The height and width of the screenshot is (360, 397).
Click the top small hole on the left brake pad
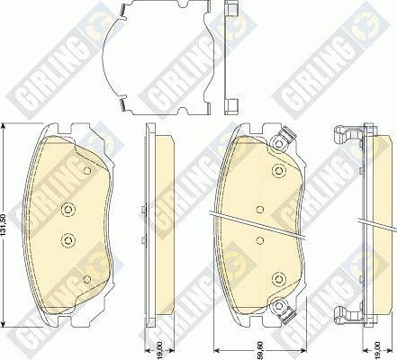coord(86,172)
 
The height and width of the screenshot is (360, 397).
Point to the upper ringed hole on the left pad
coord(68,209)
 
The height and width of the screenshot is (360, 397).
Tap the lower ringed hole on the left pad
coord(68,239)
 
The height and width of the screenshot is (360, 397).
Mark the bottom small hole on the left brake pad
coord(86,279)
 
